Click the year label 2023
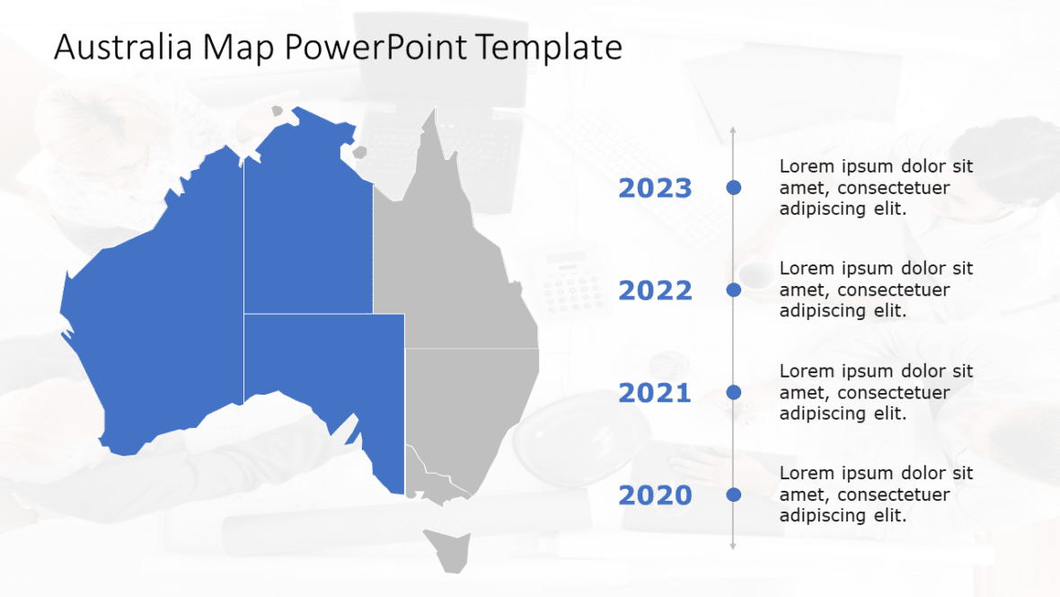(x=655, y=189)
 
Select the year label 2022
(x=655, y=291)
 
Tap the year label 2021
(x=655, y=394)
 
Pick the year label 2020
(x=655, y=496)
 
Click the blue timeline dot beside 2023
(x=733, y=187)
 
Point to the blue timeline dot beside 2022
(x=733, y=290)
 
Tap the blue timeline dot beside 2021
(x=733, y=392)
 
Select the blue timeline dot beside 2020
(x=733, y=495)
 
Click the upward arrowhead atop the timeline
(x=733, y=131)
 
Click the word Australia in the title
(x=123, y=48)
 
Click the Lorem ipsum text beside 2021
(x=876, y=393)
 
